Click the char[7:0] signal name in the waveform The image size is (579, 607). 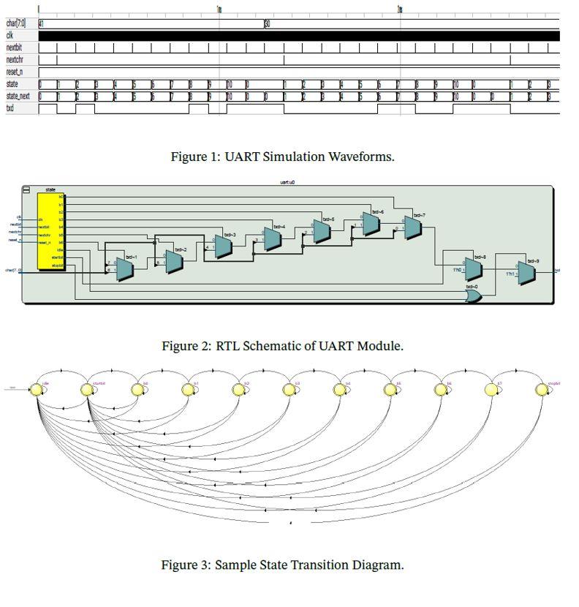[15, 23]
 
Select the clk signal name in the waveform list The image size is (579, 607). [10, 35]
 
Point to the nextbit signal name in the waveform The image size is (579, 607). [14, 48]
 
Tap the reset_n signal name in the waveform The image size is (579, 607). [14, 72]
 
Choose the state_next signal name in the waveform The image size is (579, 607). [18, 96]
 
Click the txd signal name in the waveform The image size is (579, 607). [10, 108]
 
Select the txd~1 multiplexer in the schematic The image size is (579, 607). [124, 269]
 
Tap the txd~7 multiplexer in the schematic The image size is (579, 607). [413, 227]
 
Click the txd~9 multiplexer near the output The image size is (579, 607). [526, 272]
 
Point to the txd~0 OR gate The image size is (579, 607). [474, 296]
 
